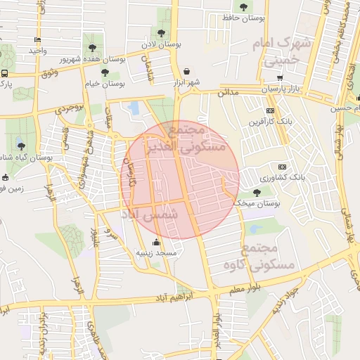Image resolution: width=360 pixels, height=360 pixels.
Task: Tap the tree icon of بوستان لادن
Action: pos(162,33)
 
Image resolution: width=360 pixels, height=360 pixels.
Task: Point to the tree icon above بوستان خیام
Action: pos(105,72)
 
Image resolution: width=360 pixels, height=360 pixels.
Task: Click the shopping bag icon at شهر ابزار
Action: pos(186,71)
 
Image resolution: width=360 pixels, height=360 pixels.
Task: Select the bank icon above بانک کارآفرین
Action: pos(271,111)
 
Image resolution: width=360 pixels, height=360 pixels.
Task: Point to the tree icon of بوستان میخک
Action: pos(256,192)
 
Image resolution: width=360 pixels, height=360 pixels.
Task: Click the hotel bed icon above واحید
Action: pos(37,39)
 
